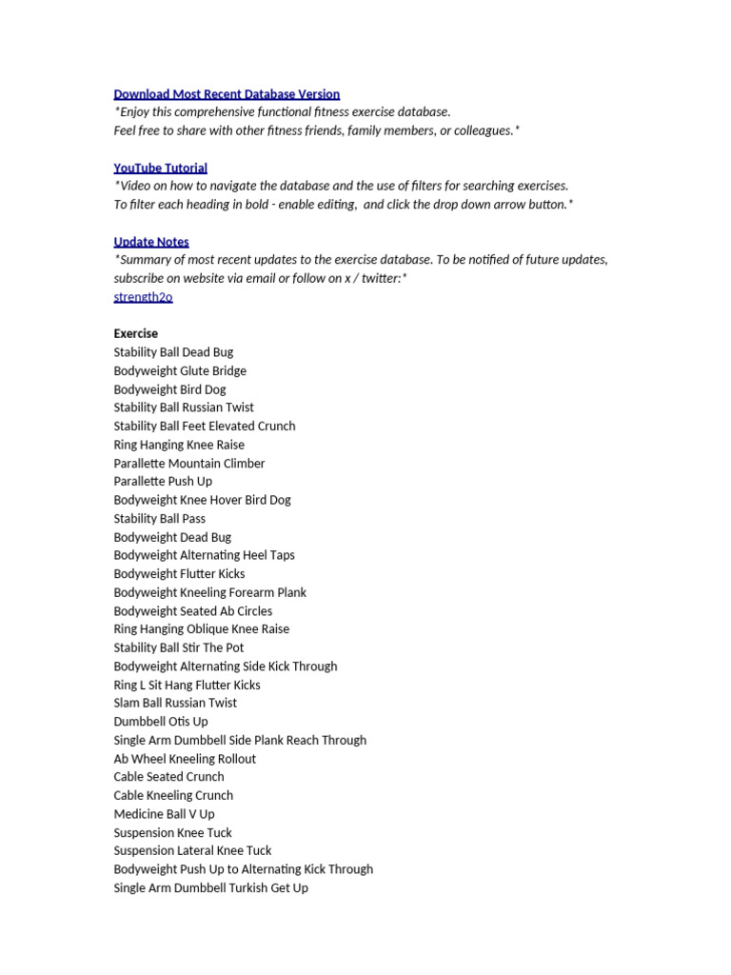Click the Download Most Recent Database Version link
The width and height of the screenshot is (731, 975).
click(x=227, y=93)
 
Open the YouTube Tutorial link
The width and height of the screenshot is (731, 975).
click(x=160, y=168)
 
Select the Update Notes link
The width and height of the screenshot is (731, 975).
click(x=151, y=242)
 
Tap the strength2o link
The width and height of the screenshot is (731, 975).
click(x=143, y=297)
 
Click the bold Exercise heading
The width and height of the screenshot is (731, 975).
click(x=136, y=334)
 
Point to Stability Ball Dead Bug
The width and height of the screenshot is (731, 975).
click(x=173, y=352)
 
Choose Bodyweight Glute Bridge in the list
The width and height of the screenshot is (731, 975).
click(x=180, y=371)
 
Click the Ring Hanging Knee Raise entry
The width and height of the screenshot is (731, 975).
click(x=179, y=445)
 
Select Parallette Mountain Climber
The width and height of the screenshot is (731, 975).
click(x=189, y=464)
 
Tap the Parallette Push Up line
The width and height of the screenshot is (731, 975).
click(x=163, y=482)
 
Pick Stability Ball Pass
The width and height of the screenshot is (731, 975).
click(x=160, y=519)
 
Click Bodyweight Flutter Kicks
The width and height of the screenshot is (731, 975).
click(x=179, y=574)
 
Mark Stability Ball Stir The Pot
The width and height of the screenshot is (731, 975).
click(x=179, y=647)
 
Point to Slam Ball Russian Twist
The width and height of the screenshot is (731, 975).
click(x=175, y=703)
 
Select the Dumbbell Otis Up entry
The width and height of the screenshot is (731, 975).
click(x=161, y=722)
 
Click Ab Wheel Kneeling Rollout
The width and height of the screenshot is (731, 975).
click(x=185, y=759)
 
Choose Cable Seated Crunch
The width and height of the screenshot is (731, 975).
click(x=169, y=777)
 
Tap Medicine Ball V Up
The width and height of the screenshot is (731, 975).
click(x=165, y=814)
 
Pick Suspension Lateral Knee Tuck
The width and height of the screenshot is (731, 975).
click(x=192, y=850)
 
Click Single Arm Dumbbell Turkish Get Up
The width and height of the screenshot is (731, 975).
click(x=211, y=888)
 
